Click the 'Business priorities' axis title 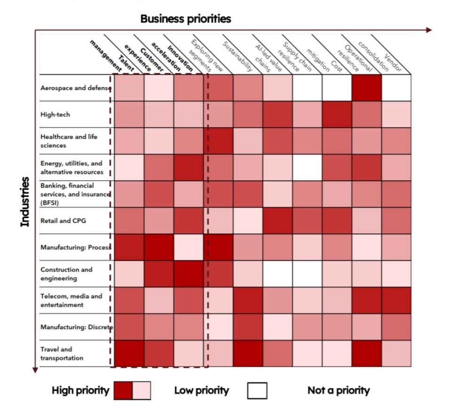click(x=186, y=19)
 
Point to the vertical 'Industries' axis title click(x=25, y=202)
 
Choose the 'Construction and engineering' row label click(x=66, y=274)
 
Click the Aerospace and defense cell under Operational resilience click(x=367, y=88)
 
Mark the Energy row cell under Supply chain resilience click(x=308, y=167)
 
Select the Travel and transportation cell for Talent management click(x=129, y=353)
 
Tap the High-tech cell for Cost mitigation click(x=338, y=114)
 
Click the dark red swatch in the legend click(x=123, y=390)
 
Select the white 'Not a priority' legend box click(x=257, y=390)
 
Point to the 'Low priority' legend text click(x=201, y=390)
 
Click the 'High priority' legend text click(x=81, y=390)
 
